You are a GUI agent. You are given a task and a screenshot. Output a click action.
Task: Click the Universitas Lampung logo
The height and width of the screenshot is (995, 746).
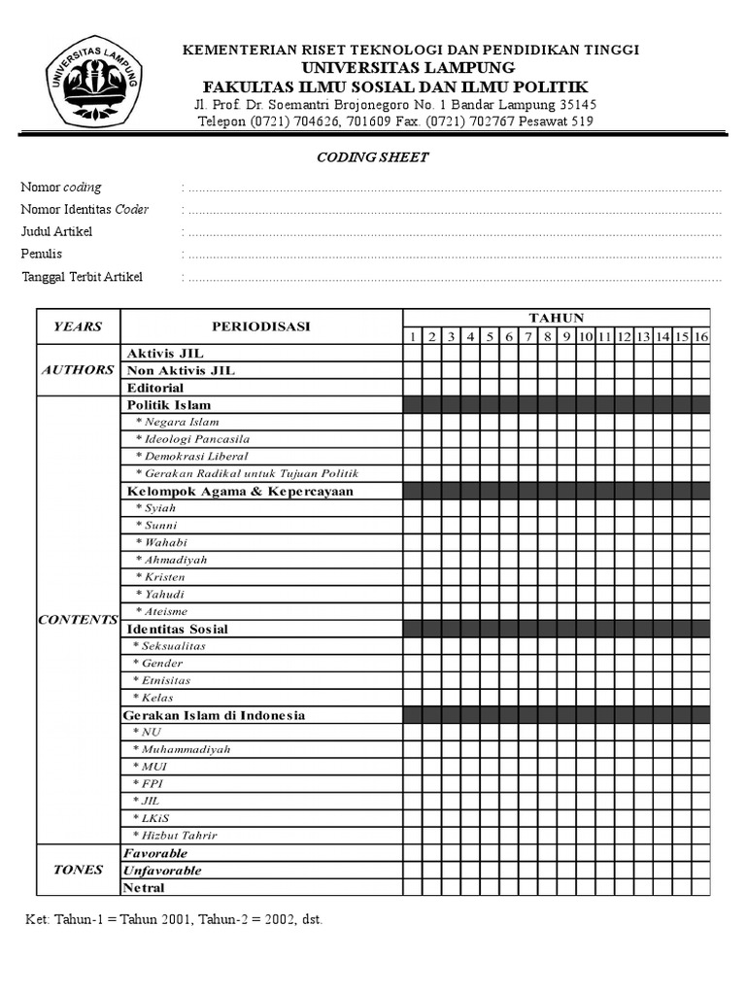[x=93, y=80]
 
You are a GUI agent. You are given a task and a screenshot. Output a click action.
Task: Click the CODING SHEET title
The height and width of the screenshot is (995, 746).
[x=373, y=157]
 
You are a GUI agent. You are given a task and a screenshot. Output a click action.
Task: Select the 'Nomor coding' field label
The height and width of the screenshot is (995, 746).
[x=61, y=188]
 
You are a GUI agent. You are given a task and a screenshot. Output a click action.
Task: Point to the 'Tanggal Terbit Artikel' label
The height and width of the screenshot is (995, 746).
[x=82, y=277]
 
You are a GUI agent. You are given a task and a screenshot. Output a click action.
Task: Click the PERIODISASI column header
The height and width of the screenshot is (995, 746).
[x=260, y=326]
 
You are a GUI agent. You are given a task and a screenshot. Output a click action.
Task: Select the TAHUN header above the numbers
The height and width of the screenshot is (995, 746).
[x=556, y=318]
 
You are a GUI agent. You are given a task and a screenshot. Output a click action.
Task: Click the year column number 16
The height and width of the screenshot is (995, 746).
[x=700, y=336]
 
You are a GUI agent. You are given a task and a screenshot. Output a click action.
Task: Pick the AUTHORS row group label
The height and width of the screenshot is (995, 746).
[x=78, y=370]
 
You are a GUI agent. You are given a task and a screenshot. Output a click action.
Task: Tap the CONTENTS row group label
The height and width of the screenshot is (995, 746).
[x=78, y=620]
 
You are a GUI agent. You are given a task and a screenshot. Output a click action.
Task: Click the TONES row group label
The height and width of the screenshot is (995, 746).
[x=78, y=870]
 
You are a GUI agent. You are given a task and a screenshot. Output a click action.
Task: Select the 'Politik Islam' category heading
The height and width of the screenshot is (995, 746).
[x=169, y=404]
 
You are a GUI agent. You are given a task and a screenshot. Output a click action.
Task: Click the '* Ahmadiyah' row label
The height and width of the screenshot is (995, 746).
[x=171, y=560]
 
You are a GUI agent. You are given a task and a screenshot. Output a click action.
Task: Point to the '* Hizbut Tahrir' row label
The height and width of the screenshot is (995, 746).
[x=175, y=836]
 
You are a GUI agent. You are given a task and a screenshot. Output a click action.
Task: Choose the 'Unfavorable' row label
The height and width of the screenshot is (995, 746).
[x=162, y=871]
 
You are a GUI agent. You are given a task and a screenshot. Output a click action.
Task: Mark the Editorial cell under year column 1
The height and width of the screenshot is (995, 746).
[x=412, y=388]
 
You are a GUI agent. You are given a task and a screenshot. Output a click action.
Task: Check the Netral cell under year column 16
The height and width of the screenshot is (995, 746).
[x=700, y=888]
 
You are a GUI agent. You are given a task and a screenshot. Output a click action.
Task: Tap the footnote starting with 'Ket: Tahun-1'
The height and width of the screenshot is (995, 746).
[x=173, y=919]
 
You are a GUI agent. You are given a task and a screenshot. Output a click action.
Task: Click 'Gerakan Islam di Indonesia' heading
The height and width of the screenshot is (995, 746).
[x=214, y=715]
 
